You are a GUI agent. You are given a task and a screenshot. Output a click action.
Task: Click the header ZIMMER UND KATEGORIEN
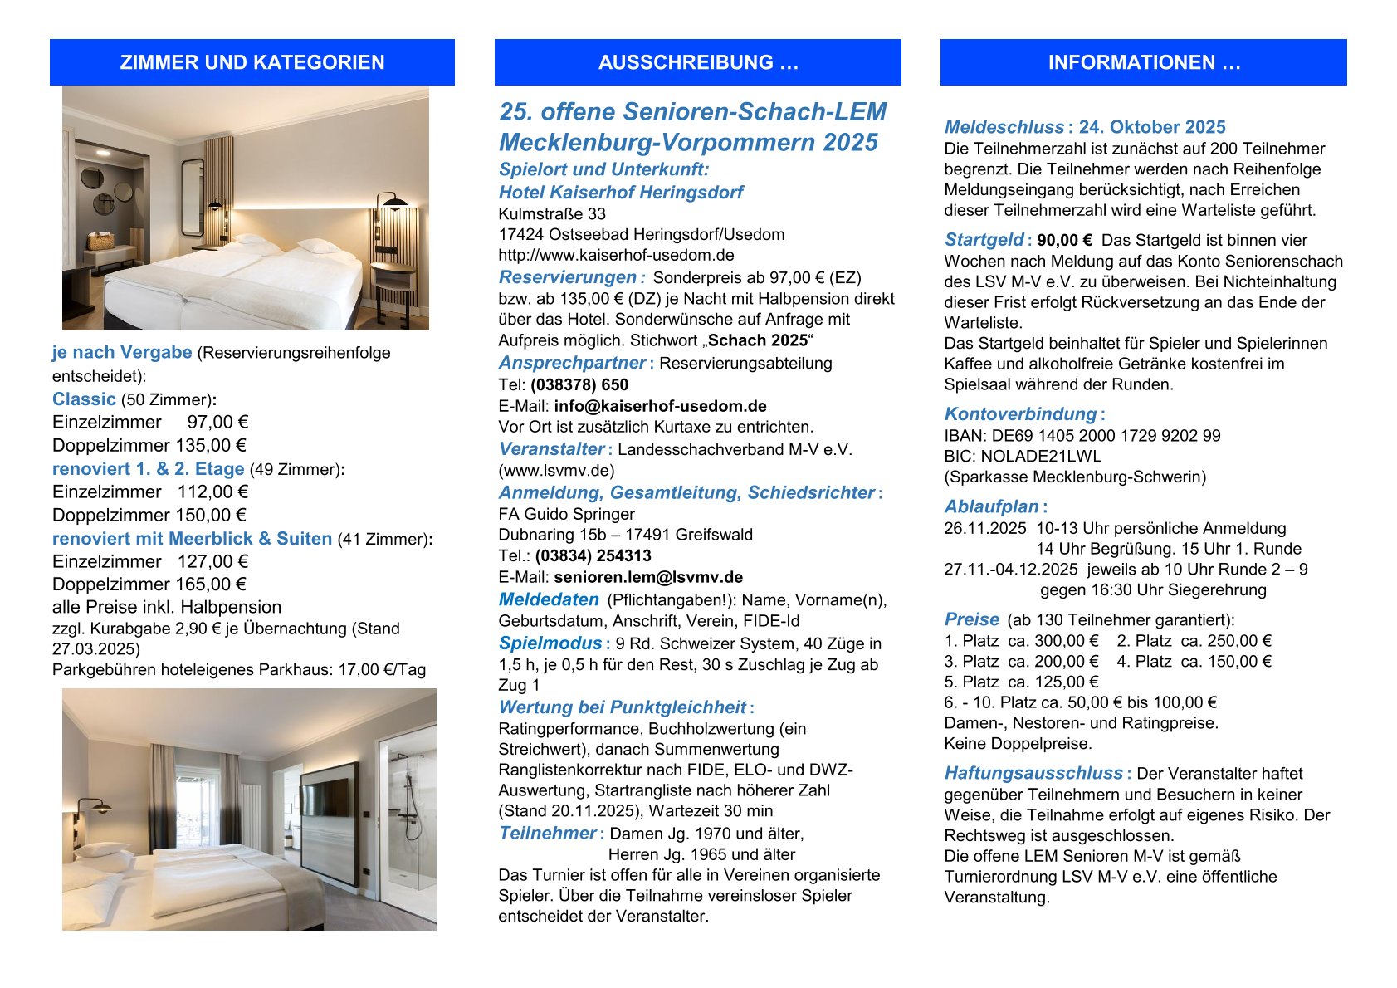(x=252, y=62)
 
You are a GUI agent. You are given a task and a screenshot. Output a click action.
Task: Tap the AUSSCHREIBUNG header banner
(x=697, y=62)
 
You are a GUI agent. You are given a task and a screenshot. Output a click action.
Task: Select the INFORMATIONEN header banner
(x=1143, y=62)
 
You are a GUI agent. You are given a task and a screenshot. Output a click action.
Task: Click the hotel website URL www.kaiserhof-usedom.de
(x=616, y=255)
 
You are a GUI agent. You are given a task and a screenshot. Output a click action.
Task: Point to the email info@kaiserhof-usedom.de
(x=660, y=406)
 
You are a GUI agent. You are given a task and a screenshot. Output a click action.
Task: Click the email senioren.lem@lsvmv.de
(x=648, y=577)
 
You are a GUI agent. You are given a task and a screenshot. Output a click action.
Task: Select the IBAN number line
(x=1082, y=435)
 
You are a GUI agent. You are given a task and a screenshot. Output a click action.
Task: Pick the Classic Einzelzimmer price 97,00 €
(x=217, y=422)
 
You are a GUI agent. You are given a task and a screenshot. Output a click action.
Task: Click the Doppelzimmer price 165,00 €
(x=211, y=584)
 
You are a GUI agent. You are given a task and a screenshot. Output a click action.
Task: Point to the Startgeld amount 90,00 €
(x=1064, y=241)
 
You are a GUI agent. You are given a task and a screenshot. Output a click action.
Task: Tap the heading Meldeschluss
(x=1004, y=127)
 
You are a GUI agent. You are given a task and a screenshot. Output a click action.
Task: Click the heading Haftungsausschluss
(x=1033, y=773)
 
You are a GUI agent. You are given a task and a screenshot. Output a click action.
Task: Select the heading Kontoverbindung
(x=1020, y=413)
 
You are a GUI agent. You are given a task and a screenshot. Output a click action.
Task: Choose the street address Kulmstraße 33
(x=552, y=213)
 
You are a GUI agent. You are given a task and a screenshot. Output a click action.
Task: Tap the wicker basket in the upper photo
(x=100, y=241)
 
